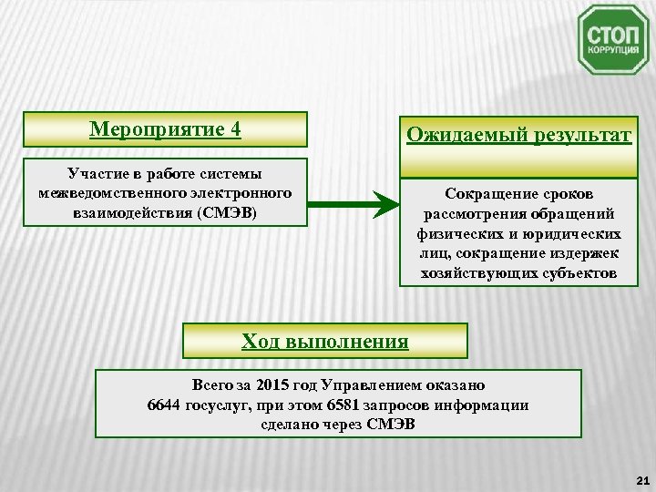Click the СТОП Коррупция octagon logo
pos(613,40)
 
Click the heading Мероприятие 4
pos(165,128)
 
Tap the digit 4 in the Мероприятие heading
pos(235,128)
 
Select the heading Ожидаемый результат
pos(518,136)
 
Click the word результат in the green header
pos(573,136)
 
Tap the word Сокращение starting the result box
pos(481,194)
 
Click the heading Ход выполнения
pos(324,342)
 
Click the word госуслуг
pos(220,405)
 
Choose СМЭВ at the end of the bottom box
pos(393,424)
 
